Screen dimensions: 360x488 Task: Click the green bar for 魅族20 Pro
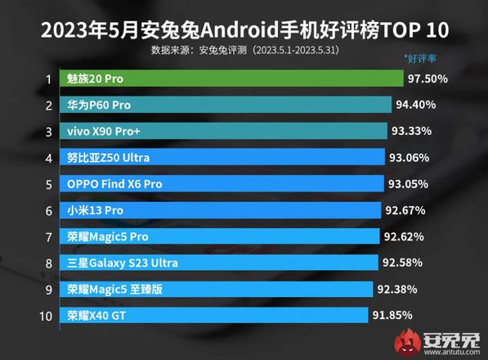point(234,79)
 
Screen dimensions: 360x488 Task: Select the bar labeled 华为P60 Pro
point(228,105)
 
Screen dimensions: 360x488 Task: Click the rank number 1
point(48,79)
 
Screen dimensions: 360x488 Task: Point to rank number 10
point(46,315)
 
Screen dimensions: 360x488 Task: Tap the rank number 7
point(48,236)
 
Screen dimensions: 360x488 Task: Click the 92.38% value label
point(401,289)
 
